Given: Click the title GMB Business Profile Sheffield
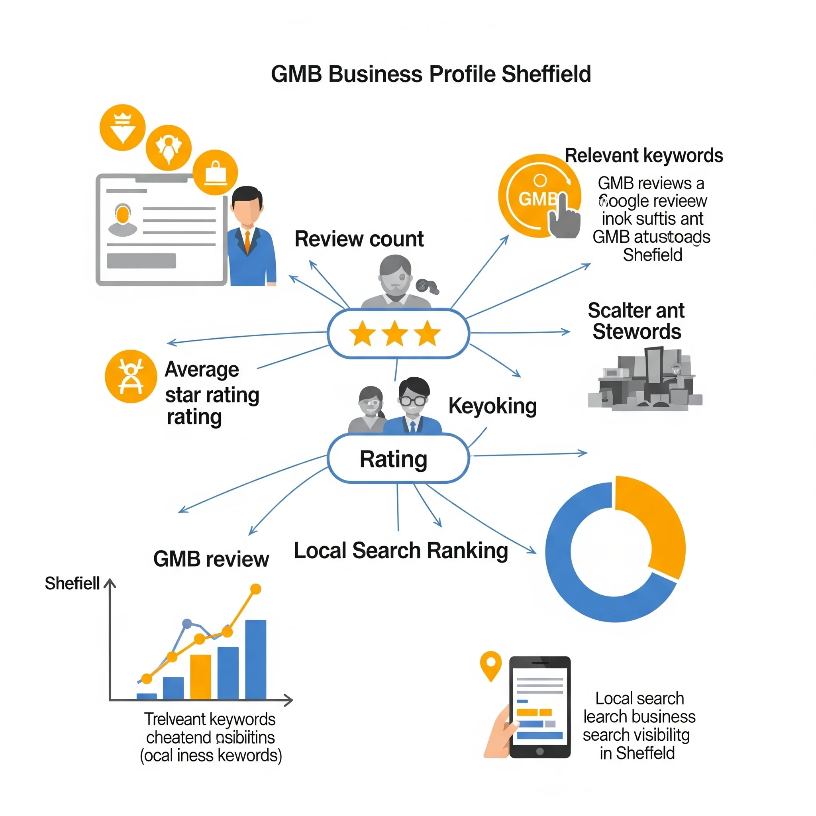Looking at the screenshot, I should (430, 75).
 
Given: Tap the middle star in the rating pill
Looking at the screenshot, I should (394, 333).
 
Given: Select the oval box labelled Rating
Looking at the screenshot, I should (398, 459).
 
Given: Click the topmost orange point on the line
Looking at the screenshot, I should (255, 589).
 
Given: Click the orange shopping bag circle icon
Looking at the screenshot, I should (216, 172).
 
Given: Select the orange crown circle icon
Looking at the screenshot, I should (122, 127).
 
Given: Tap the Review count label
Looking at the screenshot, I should (359, 239).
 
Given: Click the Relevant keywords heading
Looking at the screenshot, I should (644, 155).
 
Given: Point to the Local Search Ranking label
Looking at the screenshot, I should (401, 551).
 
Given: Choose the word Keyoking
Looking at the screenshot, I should (492, 406).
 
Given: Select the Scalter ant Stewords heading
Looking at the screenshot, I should (636, 321).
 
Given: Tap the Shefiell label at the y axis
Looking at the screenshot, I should (73, 583).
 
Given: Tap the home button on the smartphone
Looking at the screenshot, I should (539, 751).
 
